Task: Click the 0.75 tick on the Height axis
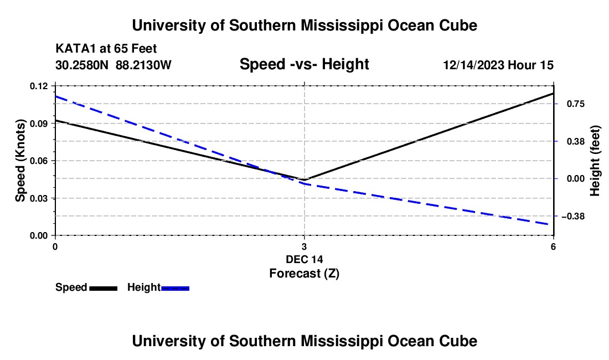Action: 576,104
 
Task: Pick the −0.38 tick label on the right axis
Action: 573,217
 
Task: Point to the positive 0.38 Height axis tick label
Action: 576,141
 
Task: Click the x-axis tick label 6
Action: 553,246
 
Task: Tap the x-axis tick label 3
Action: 304,246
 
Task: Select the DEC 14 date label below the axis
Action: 304,259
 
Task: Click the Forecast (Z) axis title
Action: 304,274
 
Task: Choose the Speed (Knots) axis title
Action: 20,161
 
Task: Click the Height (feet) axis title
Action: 595,161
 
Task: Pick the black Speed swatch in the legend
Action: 104,288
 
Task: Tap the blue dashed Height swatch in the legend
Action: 175,288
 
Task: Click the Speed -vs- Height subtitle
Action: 304,64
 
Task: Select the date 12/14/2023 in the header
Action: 473,65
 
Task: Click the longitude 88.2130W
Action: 143,65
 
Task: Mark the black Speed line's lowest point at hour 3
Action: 304,179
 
